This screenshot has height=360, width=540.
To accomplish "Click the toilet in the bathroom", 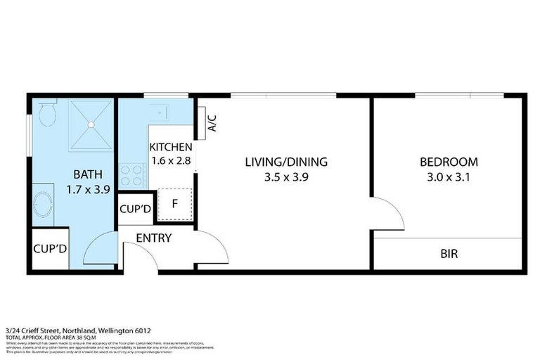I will [x=48, y=113].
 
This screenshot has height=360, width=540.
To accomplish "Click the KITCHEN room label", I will [x=170, y=148].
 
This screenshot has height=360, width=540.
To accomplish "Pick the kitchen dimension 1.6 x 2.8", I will [x=170, y=161].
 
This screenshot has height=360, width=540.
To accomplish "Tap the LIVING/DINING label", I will [x=286, y=162].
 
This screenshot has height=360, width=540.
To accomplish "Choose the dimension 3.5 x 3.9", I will [x=286, y=177].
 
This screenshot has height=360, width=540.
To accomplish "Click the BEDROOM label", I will [x=449, y=162].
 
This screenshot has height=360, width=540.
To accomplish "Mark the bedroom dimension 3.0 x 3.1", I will [x=449, y=177].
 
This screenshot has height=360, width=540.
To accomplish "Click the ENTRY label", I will [x=154, y=238].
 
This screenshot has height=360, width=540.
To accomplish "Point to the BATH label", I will [x=89, y=174].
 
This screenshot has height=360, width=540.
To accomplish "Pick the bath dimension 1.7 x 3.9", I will [x=89, y=188].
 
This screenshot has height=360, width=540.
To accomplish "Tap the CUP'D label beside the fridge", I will [x=136, y=209].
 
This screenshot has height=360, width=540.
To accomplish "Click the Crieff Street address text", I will [x=77, y=330].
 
